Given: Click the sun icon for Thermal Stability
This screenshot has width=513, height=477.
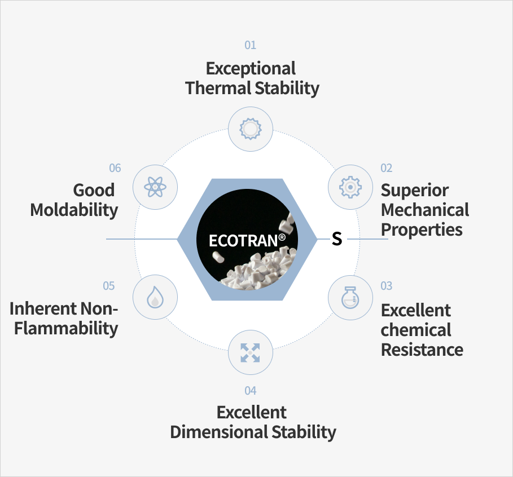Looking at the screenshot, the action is click(251, 129).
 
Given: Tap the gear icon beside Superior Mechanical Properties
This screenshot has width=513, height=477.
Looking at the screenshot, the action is click(350, 187).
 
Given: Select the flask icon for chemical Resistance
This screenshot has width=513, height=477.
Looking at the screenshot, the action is click(350, 298).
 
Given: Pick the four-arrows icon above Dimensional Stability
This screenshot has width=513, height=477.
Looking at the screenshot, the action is click(250, 353).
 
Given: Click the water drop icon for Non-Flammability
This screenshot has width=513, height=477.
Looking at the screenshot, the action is click(155, 297).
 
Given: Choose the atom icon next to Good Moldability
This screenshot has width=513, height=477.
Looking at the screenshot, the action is click(155, 187).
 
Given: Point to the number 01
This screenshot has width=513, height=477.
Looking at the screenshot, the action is click(250, 45).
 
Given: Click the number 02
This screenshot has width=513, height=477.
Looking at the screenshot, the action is click(387, 168).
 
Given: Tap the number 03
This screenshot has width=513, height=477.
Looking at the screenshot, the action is click(387, 286).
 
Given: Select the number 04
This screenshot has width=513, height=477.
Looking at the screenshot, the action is click(250, 391).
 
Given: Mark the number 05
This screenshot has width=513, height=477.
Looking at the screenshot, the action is click(109, 286).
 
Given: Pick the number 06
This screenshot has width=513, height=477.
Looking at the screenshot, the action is click(115, 168).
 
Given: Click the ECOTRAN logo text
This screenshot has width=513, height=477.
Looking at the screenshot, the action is click(247, 241).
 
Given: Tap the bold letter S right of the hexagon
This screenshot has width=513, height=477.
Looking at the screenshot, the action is click(337, 238).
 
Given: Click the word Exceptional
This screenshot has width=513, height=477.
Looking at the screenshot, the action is click(251, 69).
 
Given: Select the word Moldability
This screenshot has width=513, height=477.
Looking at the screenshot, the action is click(74, 210).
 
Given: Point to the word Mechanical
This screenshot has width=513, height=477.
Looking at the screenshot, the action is click(425, 210).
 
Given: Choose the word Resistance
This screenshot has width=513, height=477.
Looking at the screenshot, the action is click(422, 350).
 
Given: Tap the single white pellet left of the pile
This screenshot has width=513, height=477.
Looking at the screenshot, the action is click(218, 257).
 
